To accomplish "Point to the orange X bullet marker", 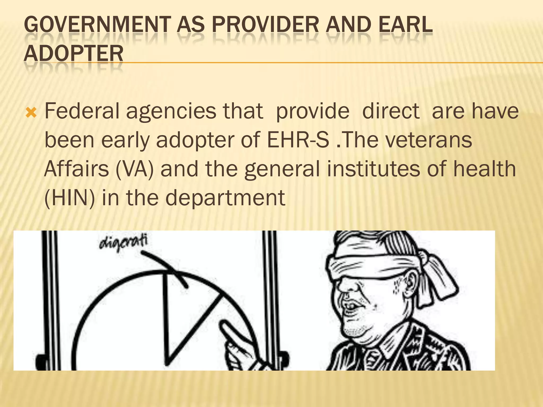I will tap(31, 113).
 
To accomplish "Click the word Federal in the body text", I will tap(82, 111).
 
